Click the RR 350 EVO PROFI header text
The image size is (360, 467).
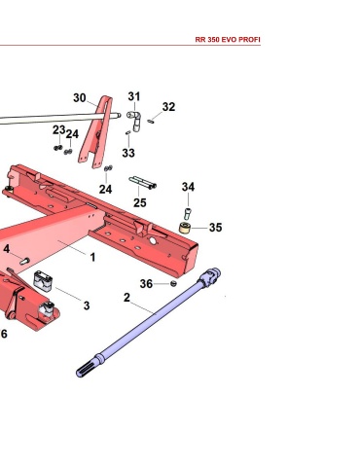tap(228, 40)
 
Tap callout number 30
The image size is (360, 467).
tap(80, 98)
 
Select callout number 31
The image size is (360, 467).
tap(134, 96)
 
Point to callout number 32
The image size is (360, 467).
tap(168, 107)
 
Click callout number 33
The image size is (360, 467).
tap(128, 153)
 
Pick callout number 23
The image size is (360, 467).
tap(59, 130)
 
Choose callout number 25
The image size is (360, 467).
tap(140, 202)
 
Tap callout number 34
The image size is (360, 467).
tap(188, 187)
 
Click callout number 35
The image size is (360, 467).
tap(216, 228)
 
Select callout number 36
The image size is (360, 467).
tap(146, 284)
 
